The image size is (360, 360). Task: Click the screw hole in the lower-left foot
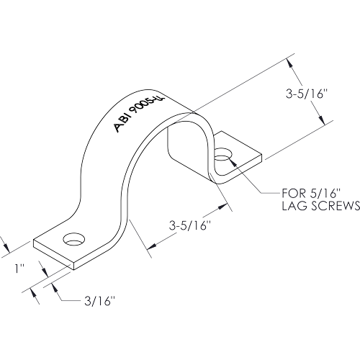click(74, 239)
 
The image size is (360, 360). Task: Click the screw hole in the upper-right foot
click(223, 155)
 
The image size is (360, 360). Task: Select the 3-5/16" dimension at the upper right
click(306, 94)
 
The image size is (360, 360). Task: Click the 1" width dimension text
click(20, 269)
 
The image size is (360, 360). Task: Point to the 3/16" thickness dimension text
click(99, 301)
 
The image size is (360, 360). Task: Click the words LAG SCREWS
click(321, 206)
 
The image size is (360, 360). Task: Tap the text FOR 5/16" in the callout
click(311, 193)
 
